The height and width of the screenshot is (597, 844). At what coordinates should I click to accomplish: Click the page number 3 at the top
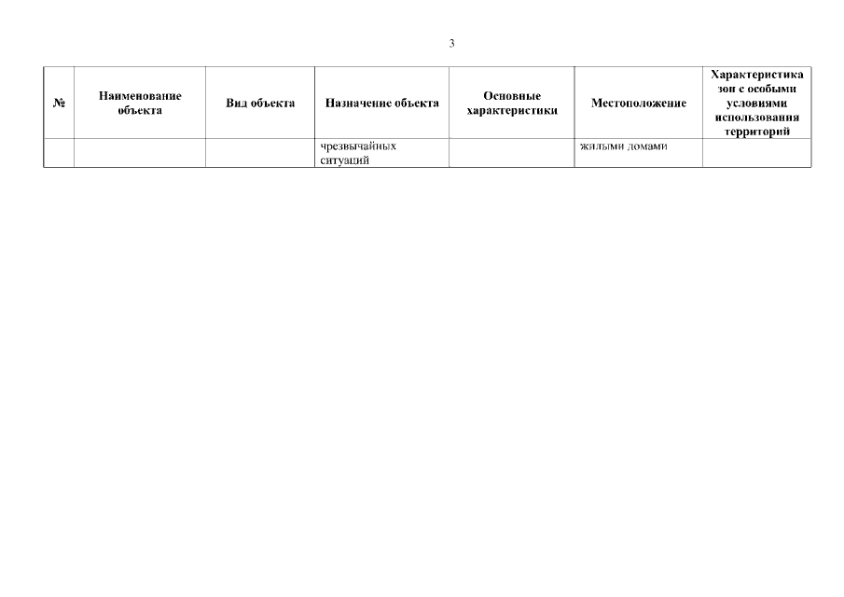click(451, 43)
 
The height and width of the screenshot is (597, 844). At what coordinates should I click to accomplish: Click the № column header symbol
click(59, 103)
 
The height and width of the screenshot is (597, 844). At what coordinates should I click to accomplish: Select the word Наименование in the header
click(140, 96)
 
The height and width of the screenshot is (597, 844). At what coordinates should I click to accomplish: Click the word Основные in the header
click(512, 96)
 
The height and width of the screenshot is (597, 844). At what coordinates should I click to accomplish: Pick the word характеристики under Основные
click(512, 110)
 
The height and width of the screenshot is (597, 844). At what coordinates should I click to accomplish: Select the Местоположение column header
click(639, 103)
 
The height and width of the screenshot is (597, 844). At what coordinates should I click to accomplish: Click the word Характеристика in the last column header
click(756, 75)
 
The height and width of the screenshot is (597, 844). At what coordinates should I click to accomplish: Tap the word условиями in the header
click(756, 103)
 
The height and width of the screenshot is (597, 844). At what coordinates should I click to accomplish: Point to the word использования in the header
click(756, 118)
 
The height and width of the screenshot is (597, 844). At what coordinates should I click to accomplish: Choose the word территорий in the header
click(756, 132)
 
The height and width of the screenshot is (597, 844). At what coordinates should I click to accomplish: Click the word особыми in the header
click(772, 89)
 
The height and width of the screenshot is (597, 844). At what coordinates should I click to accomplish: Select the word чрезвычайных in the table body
click(358, 146)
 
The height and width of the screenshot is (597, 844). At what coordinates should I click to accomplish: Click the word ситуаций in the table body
click(344, 160)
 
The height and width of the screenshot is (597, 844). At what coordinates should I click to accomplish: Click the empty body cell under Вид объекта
click(260, 153)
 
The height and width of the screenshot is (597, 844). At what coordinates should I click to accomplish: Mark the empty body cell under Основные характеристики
click(512, 153)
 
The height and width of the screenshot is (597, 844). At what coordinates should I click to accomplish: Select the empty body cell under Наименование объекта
click(140, 153)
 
